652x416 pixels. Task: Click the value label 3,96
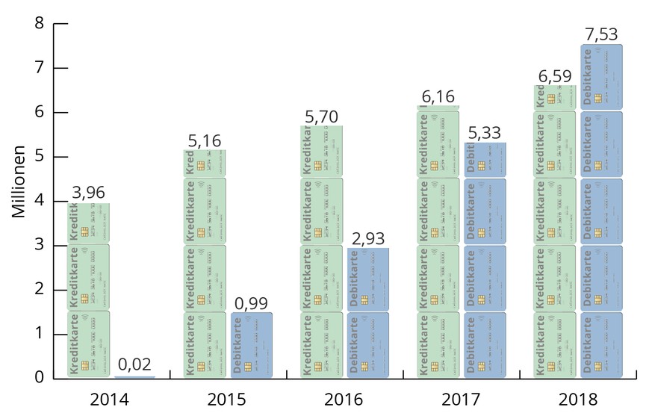click(88, 192)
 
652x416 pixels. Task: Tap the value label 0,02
click(134, 365)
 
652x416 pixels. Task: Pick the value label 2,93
click(367, 238)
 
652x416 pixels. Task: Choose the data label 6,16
click(438, 96)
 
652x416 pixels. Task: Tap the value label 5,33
click(484, 132)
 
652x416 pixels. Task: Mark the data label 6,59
click(554, 75)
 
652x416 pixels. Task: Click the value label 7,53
click(600, 34)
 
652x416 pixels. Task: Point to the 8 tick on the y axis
click(40, 24)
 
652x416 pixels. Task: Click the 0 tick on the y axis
click(40, 378)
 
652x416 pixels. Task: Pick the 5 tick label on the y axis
click(40, 157)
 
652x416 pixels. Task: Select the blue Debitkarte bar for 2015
click(251, 345)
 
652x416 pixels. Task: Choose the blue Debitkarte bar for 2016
click(367, 313)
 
